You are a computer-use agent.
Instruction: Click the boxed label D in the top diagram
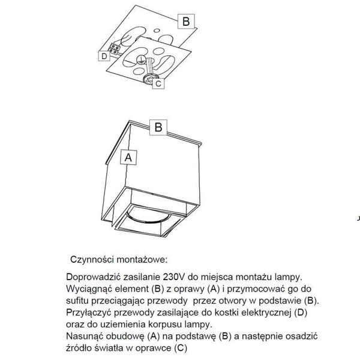pos(104,56)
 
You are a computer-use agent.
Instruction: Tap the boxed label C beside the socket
pos(158,84)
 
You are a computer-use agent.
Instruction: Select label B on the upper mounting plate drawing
pos(186,22)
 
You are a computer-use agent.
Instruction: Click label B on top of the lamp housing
pos(158,127)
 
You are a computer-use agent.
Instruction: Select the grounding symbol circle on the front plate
pos(139,59)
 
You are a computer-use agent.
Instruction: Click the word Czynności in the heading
pos(92,260)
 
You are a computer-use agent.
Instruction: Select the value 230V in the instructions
pos(175,277)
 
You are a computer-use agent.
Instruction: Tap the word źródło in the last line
pos(81,348)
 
